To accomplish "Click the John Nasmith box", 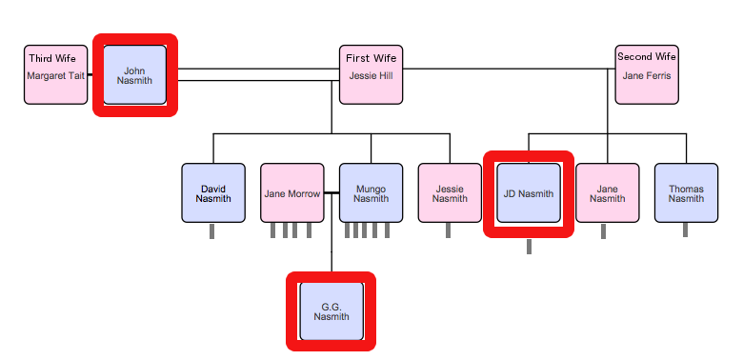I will click(x=134, y=74).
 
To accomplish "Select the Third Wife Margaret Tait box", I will click(x=55, y=74).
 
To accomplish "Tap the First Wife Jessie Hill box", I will click(x=371, y=74).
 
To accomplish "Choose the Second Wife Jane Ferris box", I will click(x=647, y=74).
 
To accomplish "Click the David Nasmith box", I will click(x=212, y=193).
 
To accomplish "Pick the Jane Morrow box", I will click(x=291, y=193).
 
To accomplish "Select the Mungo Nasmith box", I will click(x=371, y=193).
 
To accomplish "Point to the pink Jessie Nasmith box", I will click(x=450, y=193).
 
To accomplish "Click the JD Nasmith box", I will click(x=529, y=193).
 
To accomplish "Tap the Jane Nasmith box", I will click(x=607, y=193).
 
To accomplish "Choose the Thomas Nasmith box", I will click(x=686, y=193).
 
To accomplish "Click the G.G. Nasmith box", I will click(x=331, y=311).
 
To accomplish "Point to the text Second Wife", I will click(x=647, y=57).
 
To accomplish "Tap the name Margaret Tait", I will click(x=55, y=76).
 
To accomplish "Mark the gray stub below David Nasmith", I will click(x=212, y=231).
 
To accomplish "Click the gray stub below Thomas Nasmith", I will click(x=686, y=231).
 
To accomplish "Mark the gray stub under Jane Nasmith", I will click(x=603, y=231).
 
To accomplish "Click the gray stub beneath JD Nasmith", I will click(x=529, y=247).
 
